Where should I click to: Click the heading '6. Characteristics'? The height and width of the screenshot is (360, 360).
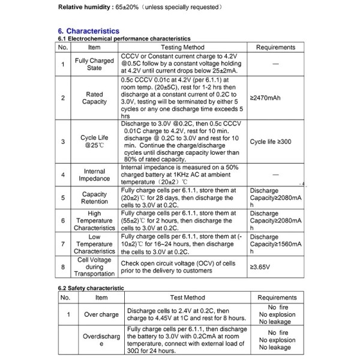click(x=88, y=31)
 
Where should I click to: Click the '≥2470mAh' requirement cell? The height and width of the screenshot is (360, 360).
click(x=265, y=97)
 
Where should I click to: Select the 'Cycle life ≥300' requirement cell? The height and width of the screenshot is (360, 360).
click(x=270, y=142)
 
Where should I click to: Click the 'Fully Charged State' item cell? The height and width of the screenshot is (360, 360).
click(x=94, y=64)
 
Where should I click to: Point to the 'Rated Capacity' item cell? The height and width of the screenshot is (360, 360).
click(x=94, y=98)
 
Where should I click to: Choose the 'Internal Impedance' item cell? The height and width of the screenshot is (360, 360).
click(x=94, y=175)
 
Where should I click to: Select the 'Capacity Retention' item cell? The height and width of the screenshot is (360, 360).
click(x=94, y=198)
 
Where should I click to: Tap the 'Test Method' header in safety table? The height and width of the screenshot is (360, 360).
click(x=187, y=297)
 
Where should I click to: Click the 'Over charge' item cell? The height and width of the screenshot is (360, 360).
click(x=101, y=314)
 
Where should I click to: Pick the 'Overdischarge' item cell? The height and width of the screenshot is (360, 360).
click(x=101, y=340)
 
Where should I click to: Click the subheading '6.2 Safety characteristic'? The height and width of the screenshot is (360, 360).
click(x=91, y=288)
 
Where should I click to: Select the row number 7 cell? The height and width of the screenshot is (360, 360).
click(x=63, y=244)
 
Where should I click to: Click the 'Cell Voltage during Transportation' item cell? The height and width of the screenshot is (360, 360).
click(x=94, y=266)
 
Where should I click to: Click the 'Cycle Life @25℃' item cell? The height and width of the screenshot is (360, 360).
click(x=94, y=142)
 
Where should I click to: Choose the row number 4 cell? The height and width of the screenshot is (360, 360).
click(x=63, y=175)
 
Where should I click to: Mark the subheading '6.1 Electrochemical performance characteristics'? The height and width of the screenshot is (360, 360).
click(x=124, y=38)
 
